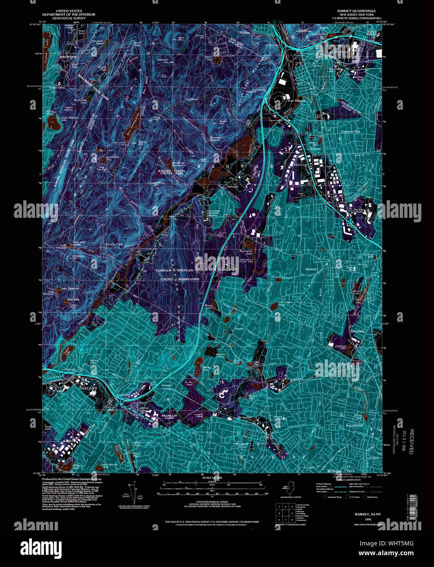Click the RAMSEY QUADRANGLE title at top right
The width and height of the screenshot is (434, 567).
point(356,11)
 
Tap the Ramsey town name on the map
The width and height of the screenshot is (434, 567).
point(311,269)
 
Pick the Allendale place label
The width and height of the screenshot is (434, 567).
point(357,332)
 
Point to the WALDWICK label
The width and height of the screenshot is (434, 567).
point(354,425)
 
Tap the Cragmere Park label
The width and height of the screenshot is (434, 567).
point(350,132)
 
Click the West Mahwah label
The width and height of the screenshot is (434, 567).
point(296,100)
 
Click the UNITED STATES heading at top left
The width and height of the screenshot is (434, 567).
point(69,11)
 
